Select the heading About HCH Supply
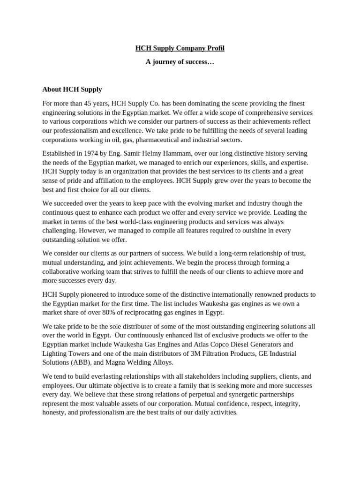pos(72,89)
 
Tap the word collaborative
pos(62,271)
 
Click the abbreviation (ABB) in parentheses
pos(82,363)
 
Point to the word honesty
pos(54,413)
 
